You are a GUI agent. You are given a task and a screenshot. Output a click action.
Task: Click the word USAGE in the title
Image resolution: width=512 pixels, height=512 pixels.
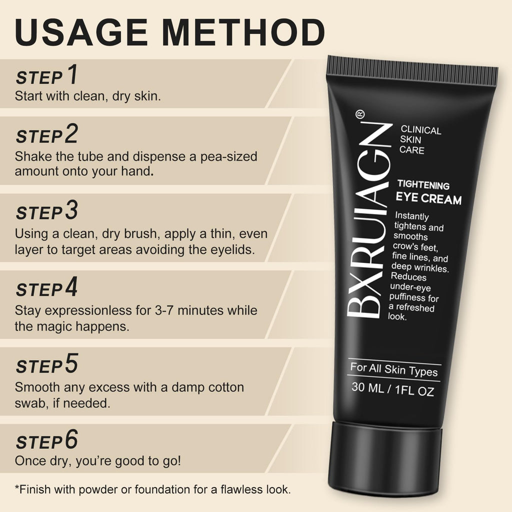(81, 32)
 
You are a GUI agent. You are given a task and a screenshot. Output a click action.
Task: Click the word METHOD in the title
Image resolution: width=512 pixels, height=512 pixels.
(243, 32)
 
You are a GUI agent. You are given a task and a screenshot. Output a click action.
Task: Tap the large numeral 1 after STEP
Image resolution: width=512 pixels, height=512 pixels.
(73, 74)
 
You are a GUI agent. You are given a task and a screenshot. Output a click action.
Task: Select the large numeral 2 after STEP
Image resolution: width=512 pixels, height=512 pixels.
(71, 133)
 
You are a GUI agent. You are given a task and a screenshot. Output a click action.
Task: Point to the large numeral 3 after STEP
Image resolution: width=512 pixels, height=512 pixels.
(71, 210)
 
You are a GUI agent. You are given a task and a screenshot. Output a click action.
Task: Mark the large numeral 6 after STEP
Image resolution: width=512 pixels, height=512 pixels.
(71, 439)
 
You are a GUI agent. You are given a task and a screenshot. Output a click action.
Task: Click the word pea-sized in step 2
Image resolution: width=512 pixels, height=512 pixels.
(228, 157)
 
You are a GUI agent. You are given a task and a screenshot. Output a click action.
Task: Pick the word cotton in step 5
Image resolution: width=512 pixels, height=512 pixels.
(226, 387)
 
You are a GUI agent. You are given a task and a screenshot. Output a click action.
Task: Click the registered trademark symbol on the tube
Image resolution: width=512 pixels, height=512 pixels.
(360, 114)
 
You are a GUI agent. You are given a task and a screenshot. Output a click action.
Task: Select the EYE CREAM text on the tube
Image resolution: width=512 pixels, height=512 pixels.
(428, 198)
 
